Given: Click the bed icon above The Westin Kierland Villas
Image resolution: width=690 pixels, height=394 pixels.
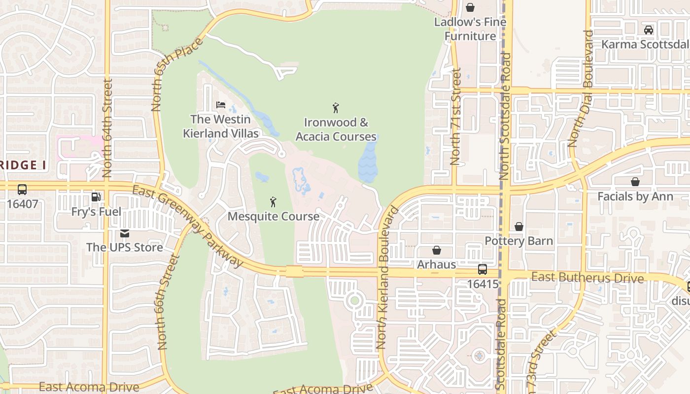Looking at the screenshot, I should (x=221, y=105).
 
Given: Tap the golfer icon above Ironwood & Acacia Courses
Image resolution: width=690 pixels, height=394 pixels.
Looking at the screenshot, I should (x=336, y=108).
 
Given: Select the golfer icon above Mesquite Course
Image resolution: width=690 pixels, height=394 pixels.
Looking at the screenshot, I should (x=273, y=202).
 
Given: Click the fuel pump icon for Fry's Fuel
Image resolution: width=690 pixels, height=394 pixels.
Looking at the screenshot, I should (x=96, y=197).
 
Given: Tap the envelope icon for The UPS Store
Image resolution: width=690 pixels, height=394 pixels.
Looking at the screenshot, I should (x=125, y=233).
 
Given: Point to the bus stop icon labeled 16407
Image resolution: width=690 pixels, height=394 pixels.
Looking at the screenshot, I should (x=22, y=189).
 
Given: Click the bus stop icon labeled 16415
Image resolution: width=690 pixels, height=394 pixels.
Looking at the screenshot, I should (x=482, y=269).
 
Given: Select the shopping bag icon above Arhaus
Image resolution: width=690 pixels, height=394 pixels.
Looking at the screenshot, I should (x=436, y=250).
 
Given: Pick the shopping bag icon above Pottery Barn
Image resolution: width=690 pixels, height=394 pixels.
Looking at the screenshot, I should (x=518, y=227).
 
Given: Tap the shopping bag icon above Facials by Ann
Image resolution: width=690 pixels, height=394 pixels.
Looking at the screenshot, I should (x=635, y=182).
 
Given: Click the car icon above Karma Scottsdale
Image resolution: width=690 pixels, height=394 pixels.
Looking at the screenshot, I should (x=649, y=30).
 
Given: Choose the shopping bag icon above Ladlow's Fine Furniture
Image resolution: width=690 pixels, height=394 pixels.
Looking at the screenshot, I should (x=470, y=7).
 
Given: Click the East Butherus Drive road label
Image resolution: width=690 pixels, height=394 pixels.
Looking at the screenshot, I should (x=587, y=278).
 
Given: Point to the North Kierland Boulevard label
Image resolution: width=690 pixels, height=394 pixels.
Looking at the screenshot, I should (x=387, y=278).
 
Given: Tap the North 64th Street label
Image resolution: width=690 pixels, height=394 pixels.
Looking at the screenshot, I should (x=107, y=128).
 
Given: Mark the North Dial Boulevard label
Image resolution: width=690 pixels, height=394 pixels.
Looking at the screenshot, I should (x=581, y=89).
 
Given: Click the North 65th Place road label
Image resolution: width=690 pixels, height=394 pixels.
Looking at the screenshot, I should (x=177, y=74).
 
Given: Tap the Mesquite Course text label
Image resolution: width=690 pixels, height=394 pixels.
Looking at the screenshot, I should (x=273, y=216).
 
